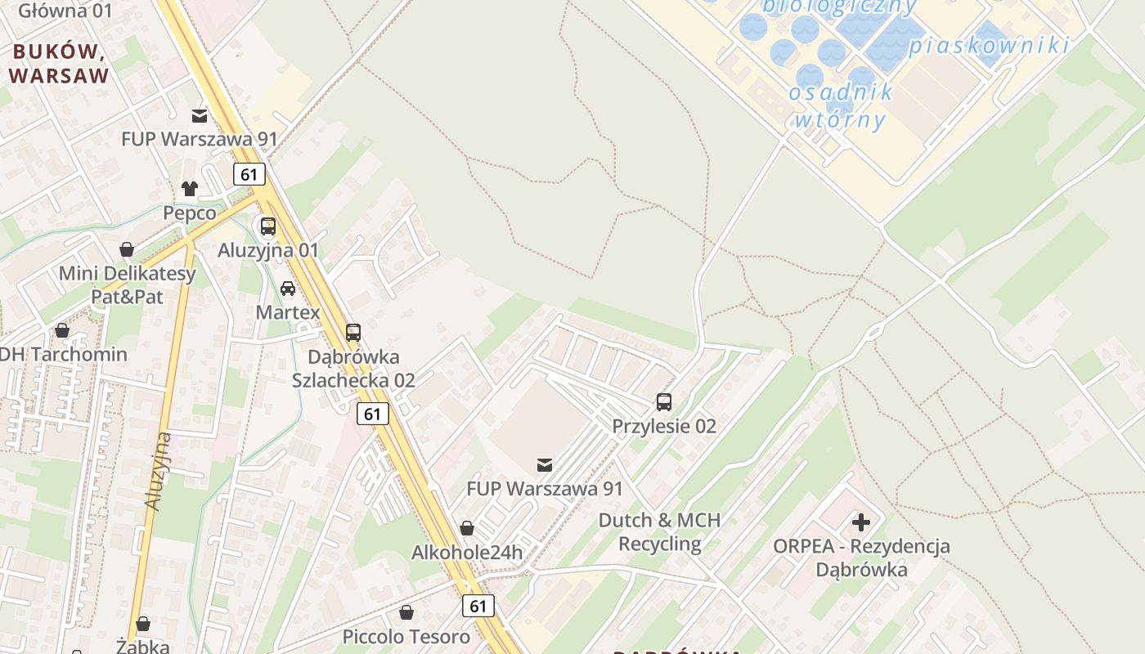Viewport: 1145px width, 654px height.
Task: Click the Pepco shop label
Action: pyautogui.click(x=190, y=213)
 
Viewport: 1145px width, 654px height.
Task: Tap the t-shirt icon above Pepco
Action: pyautogui.click(x=190, y=189)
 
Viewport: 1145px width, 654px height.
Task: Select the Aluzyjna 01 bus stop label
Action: pyautogui.click(x=268, y=250)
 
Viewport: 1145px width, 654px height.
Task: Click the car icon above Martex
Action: pyautogui.click(x=288, y=289)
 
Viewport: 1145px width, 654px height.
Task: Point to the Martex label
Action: pyautogui.click(x=288, y=312)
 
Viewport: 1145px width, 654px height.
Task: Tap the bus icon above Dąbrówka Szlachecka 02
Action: pyautogui.click(x=353, y=333)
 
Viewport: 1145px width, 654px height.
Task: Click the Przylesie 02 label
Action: pyautogui.click(x=664, y=426)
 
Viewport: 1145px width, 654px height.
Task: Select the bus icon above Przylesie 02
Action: pyautogui.click(x=664, y=402)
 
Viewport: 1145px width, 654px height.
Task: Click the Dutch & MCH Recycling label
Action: pyautogui.click(x=660, y=532)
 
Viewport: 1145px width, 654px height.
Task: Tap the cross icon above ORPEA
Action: pyautogui.click(x=861, y=522)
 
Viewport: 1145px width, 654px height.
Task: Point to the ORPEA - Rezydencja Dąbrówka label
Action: pyautogui.click(x=862, y=558)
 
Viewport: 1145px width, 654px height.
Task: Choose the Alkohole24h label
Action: pyautogui.click(x=466, y=552)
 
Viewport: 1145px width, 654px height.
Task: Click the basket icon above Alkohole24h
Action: pyautogui.click(x=466, y=528)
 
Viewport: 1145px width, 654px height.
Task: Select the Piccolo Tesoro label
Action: pyautogui.click(x=406, y=636)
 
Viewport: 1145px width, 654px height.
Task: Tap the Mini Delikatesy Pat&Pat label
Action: pyautogui.click(x=127, y=284)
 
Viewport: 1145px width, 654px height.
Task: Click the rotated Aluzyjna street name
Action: pyautogui.click(x=158, y=472)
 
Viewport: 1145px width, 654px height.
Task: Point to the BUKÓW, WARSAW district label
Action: pyautogui.click(x=60, y=65)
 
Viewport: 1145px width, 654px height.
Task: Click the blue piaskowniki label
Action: pyautogui.click(x=989, y=46)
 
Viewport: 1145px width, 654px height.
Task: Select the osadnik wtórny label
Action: pyautogui.click(x=840, y=105)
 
